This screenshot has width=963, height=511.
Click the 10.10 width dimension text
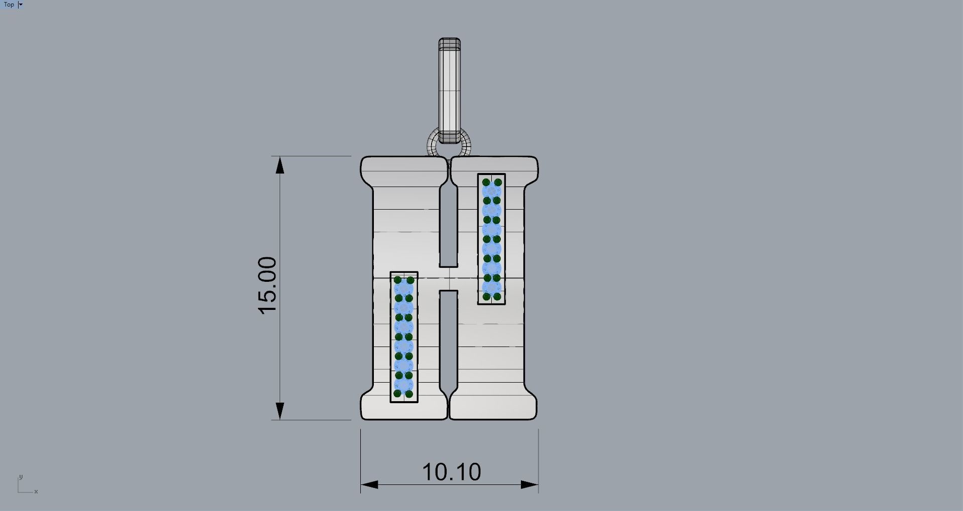coord(452,472)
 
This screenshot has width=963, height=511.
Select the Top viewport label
coord(9,5)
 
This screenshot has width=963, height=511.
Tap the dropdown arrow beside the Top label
coord(21,5)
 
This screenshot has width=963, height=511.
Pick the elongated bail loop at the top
coord(449,90)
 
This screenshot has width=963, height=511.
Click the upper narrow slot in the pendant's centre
coord(449,225)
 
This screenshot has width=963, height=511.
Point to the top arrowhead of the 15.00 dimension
coord(280,165)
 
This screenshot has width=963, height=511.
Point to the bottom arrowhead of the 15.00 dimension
coord(280,411)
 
